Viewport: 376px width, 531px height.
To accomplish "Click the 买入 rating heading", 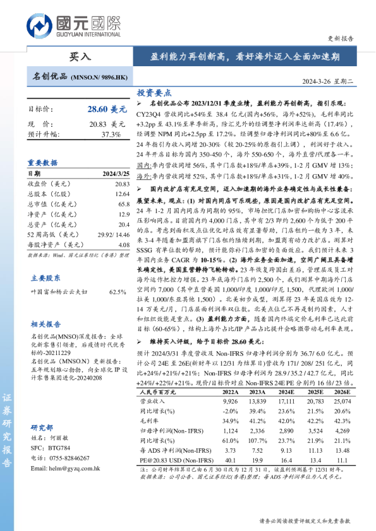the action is (x=80, y=56).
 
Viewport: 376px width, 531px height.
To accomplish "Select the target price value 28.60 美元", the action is (x=106, y=109).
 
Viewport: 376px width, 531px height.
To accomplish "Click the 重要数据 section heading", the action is (x=42, y=163).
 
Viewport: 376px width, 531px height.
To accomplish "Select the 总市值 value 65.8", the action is (x=123, y=204).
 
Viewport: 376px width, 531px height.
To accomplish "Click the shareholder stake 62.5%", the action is (x=118, y=292).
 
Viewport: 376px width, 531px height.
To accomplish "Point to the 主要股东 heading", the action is (x=46, y=277).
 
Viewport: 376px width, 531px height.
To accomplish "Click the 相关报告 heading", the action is (x=46, y=324).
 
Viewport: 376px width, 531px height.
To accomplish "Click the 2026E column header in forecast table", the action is (x=341, y=391).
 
